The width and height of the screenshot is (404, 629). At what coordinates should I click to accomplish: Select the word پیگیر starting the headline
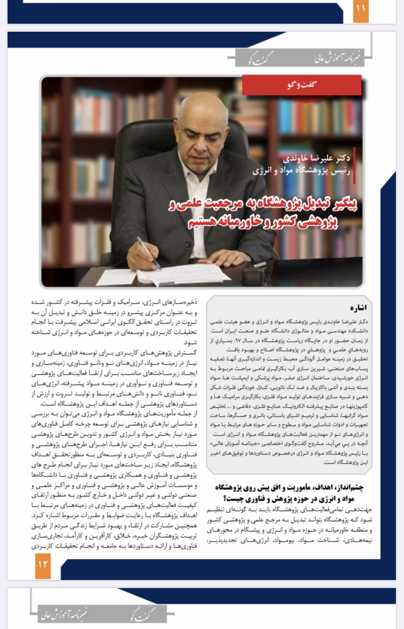pos(345,205)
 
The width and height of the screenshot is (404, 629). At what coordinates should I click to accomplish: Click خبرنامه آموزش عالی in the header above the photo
pos(334,55)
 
